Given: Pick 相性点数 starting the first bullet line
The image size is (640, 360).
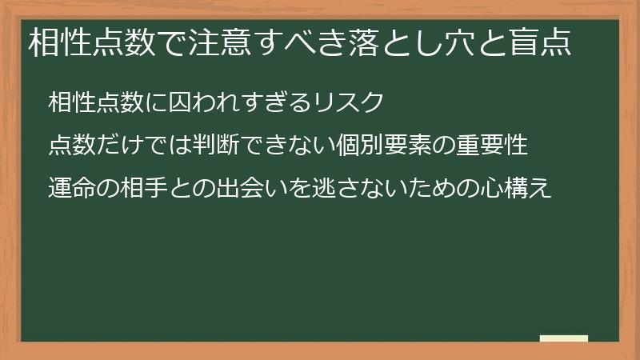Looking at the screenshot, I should coord(97,103).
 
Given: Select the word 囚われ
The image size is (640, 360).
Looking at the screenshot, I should coord(206,103).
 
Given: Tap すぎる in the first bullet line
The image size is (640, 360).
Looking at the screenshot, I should coord(278,103).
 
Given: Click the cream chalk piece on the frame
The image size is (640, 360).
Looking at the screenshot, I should coord(564,339).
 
